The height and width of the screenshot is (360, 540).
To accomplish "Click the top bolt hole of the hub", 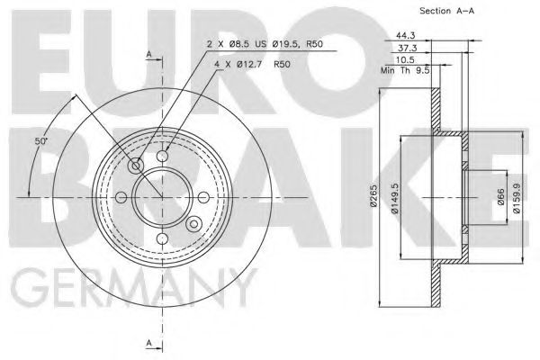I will pos(163,157).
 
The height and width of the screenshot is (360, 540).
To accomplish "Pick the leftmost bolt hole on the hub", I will pos(123,197).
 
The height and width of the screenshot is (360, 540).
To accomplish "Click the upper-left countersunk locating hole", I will pos(137,166).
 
